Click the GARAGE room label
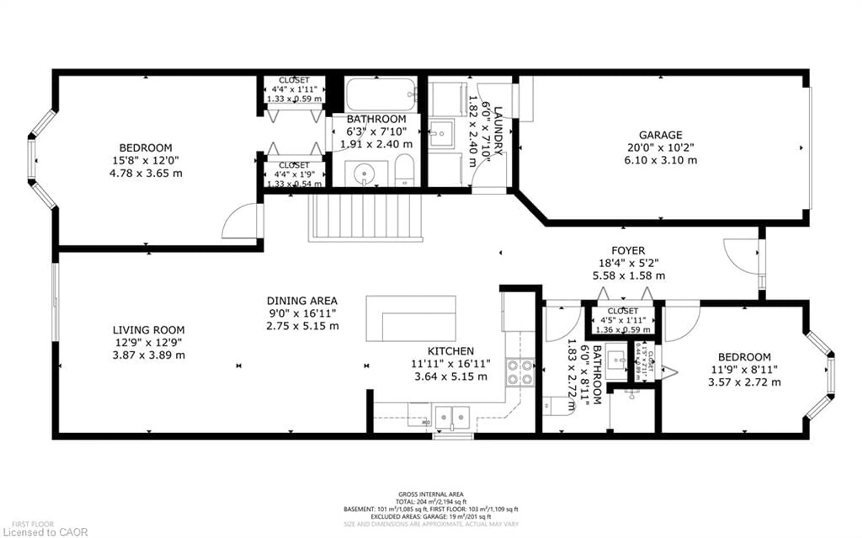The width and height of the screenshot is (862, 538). [660, 135]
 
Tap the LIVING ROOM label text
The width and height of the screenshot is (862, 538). [148, 330]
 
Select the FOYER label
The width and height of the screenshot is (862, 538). [628, 251]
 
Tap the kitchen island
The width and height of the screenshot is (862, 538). [411, 318]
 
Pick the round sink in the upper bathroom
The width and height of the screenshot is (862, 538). [364, 174]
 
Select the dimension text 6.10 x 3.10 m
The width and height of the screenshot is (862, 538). [660, 160]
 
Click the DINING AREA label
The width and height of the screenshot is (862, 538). [302, 301]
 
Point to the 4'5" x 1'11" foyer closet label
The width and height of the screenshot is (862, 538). [623, 320]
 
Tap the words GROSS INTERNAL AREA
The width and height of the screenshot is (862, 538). [431, 494]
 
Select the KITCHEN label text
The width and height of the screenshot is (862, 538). [451, 351]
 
